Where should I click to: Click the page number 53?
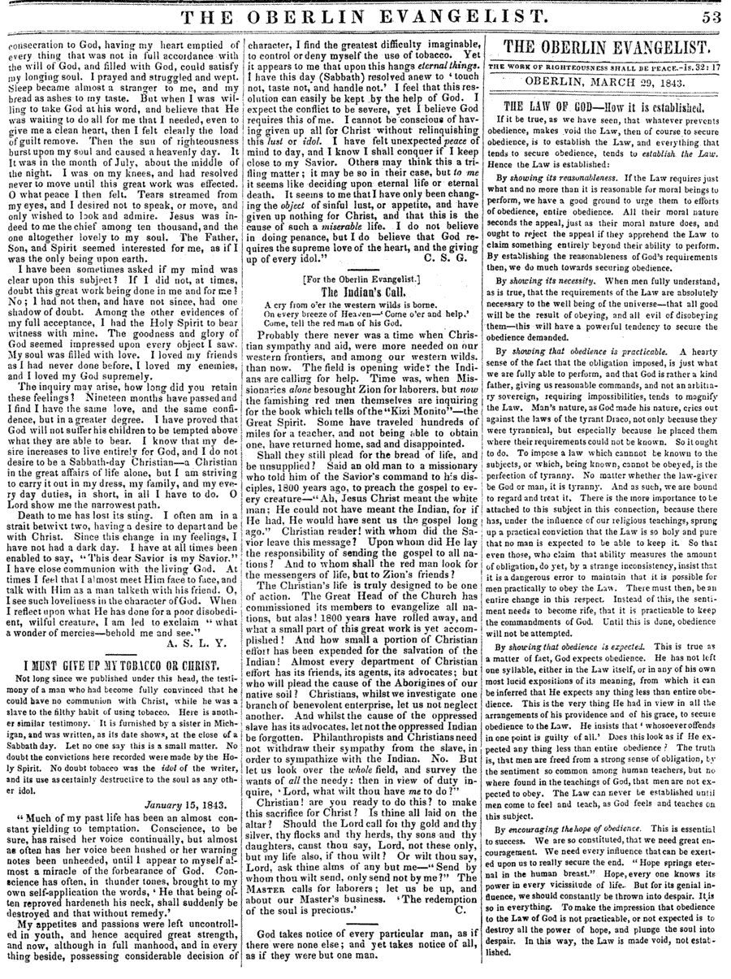710,16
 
